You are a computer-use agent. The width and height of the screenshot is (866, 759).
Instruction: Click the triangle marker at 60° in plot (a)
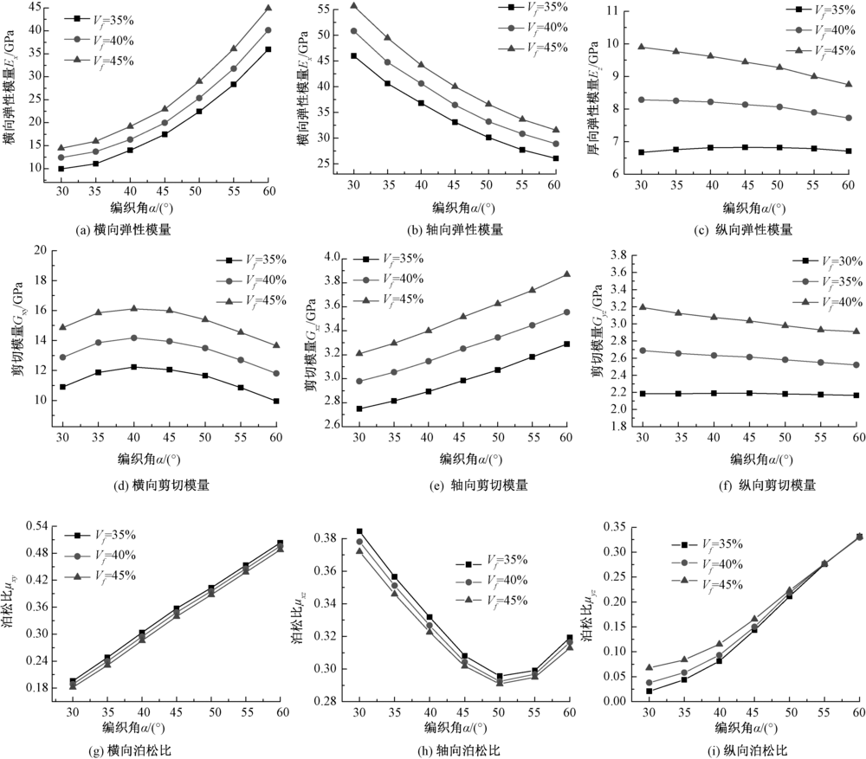pos(268,8)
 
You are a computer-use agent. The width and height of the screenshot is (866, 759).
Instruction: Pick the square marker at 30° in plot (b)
pos(353,55)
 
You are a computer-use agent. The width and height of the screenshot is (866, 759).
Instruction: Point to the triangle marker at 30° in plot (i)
pos(649,667)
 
